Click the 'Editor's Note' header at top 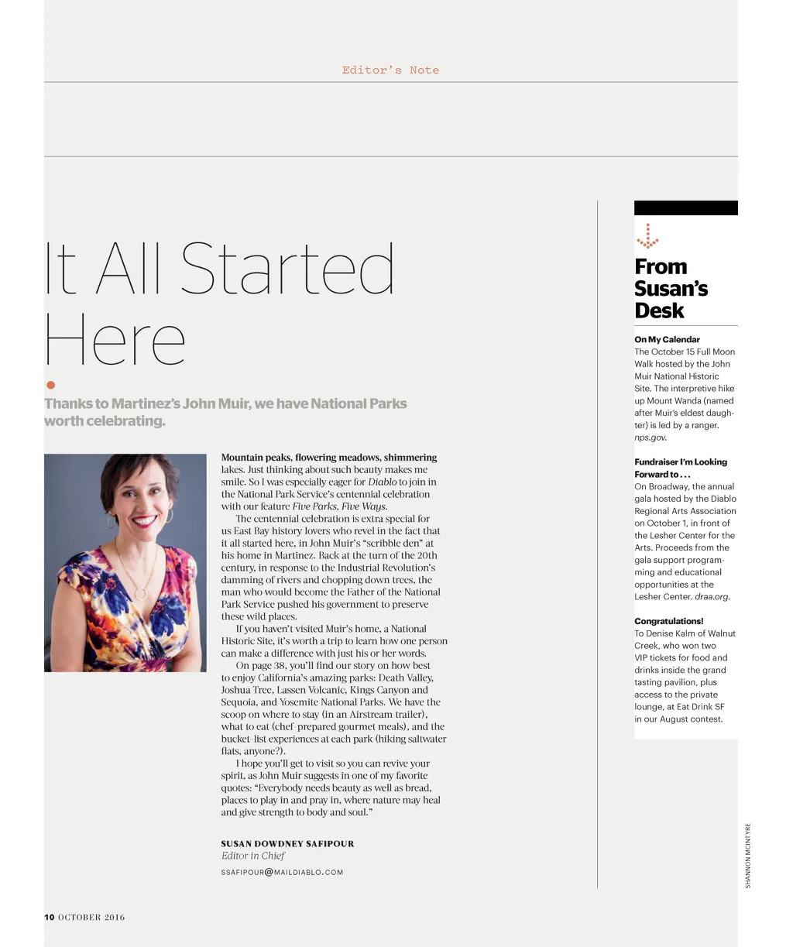pyautogui.click(x=390, y=70)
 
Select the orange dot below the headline pyautogui.click(x=51, y=385)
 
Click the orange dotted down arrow pyautogui.click(x=647, y=236)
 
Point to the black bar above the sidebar pyautogui.click(x=685, y=208)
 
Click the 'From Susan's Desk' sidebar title pyautogui.click(x=671, y=288)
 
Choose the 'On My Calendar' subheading pyautogui.click(x=667, y=339)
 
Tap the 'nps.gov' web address pyautogui.click(x=650, y=437)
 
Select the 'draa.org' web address pyautogui.click(x=712, y=597)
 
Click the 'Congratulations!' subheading pyautogui.click(x=668, y=621)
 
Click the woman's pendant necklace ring pyautogui.click(x=141, y=592)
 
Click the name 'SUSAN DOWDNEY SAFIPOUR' pyautogui.click(x=287, y=843)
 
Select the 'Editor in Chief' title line pyautogui.click(x=253, y=856)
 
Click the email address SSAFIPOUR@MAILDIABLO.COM pyautogui.click(x=282, y=872)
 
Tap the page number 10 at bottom pyautogui.click(x=49, y=918)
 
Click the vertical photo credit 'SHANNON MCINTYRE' pyautogui.click(x=748, y=855)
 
